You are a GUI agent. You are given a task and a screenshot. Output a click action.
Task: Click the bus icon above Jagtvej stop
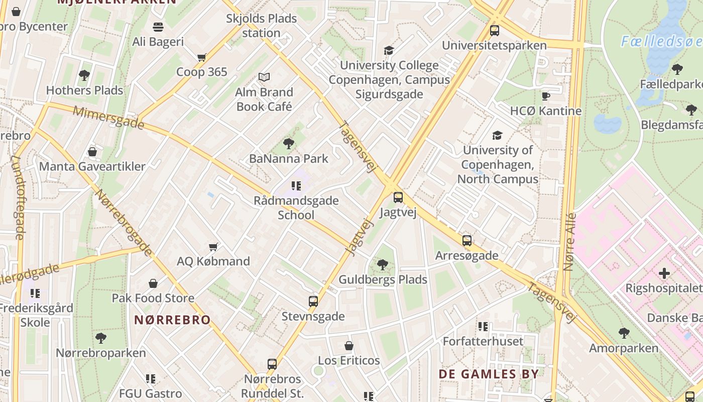(398, 197)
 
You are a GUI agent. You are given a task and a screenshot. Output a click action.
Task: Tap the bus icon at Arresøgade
(467, 240)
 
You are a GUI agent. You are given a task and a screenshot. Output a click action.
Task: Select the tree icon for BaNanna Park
(289, 144)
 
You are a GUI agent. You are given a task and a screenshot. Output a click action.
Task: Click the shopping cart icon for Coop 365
(202, 57)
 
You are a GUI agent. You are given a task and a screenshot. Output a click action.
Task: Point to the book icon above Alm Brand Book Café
(264, 77)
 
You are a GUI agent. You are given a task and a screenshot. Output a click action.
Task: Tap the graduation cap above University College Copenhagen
(389, 50)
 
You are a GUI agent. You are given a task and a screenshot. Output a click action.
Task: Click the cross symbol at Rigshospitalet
(664, 273)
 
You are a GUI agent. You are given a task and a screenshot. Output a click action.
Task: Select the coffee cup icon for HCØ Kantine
(546, 96)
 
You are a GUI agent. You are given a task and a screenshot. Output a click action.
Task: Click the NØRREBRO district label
(172, 320)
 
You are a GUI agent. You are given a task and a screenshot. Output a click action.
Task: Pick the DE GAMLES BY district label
(489, 374)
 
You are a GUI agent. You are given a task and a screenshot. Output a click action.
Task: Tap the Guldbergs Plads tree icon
(383, 264)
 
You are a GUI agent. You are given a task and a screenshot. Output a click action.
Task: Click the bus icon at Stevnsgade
(313, 301)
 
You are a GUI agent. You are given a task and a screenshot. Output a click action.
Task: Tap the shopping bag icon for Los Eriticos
(349, 346)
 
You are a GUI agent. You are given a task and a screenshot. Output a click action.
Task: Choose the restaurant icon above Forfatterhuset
(483, 327)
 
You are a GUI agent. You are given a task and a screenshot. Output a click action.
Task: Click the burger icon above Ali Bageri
(158, 27)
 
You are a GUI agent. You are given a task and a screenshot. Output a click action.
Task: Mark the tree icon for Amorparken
(624, 333)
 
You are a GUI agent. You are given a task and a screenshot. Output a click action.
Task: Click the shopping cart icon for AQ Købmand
(213, 246)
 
